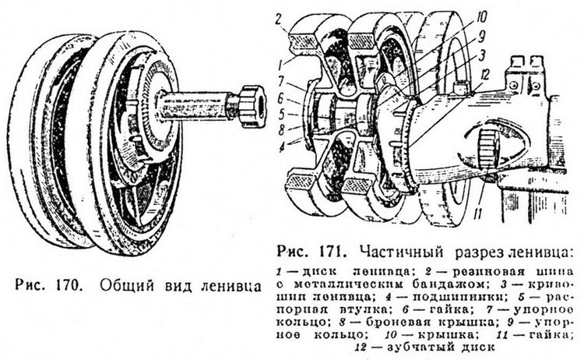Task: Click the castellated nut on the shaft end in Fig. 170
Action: tap(254, 103)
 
